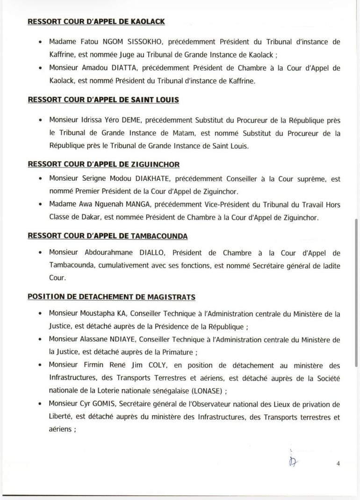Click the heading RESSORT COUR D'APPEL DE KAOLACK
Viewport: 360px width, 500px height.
tap(96, 21)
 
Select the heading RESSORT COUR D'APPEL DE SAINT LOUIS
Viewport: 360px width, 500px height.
tap(103, 100)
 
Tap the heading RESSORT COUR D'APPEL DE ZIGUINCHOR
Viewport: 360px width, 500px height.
tap(104, 164)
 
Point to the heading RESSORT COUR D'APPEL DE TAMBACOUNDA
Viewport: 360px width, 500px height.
tap(108, 236)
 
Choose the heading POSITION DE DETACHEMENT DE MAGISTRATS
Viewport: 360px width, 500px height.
tap(111, 297)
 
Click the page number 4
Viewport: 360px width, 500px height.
tap(338, 464)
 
